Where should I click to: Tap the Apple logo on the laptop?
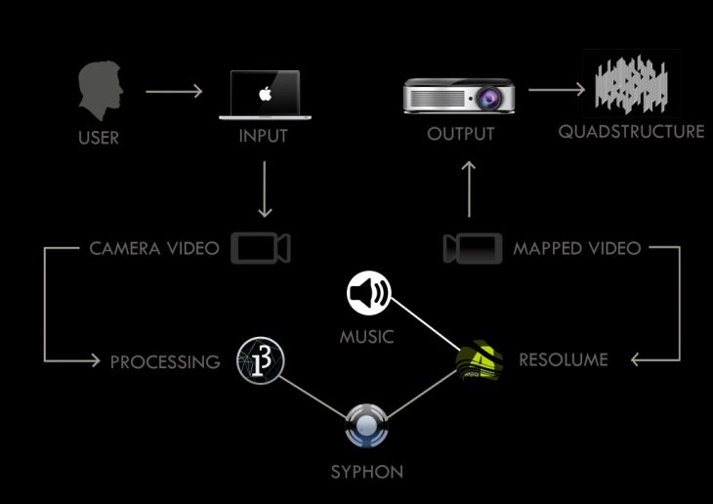[263, 95]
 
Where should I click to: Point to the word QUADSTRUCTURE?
[631, 132]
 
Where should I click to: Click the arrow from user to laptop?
[174, 93]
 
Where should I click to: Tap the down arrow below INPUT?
[263, 190]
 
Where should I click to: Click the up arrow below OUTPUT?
[469, 189]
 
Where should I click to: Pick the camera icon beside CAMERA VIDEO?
[259, 248]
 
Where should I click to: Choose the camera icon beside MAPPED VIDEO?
[473, 248]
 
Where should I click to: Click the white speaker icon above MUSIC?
[369, 293]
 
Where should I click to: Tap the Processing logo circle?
[261, 361]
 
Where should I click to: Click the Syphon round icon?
[365, 426]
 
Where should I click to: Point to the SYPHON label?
[365, 473]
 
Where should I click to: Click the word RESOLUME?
[564, 360]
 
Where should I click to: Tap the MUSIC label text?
[366, 337]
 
